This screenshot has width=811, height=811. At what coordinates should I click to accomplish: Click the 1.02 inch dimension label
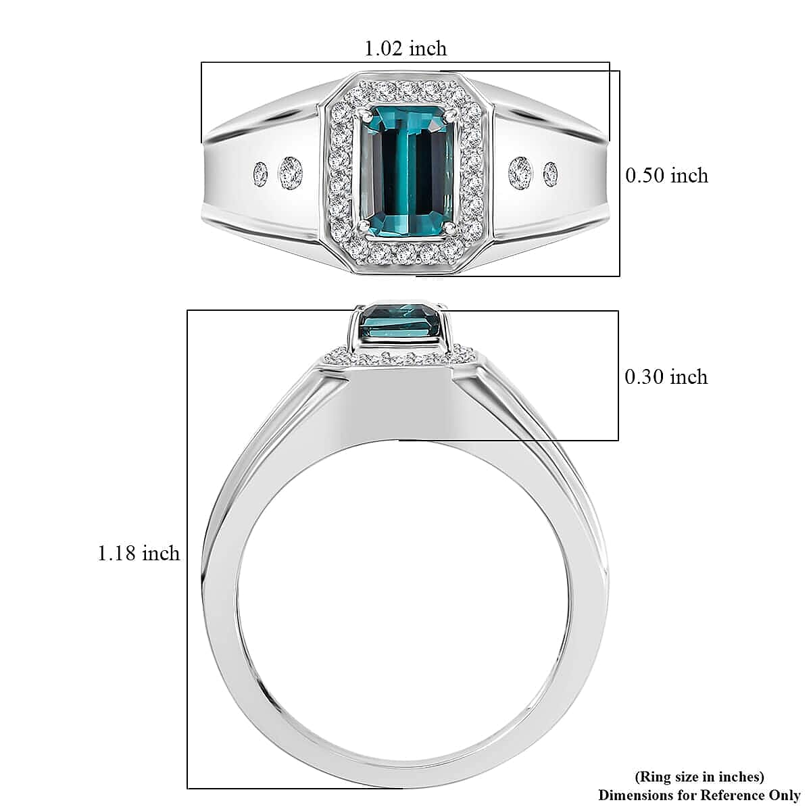[405, 49]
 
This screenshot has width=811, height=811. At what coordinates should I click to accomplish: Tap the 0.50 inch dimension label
[666, 176]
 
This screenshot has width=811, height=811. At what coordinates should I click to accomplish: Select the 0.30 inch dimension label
[666, 376]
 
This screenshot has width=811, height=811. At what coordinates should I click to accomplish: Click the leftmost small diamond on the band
[260, 174]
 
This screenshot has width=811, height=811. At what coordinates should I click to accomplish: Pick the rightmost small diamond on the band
[551, 174]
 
